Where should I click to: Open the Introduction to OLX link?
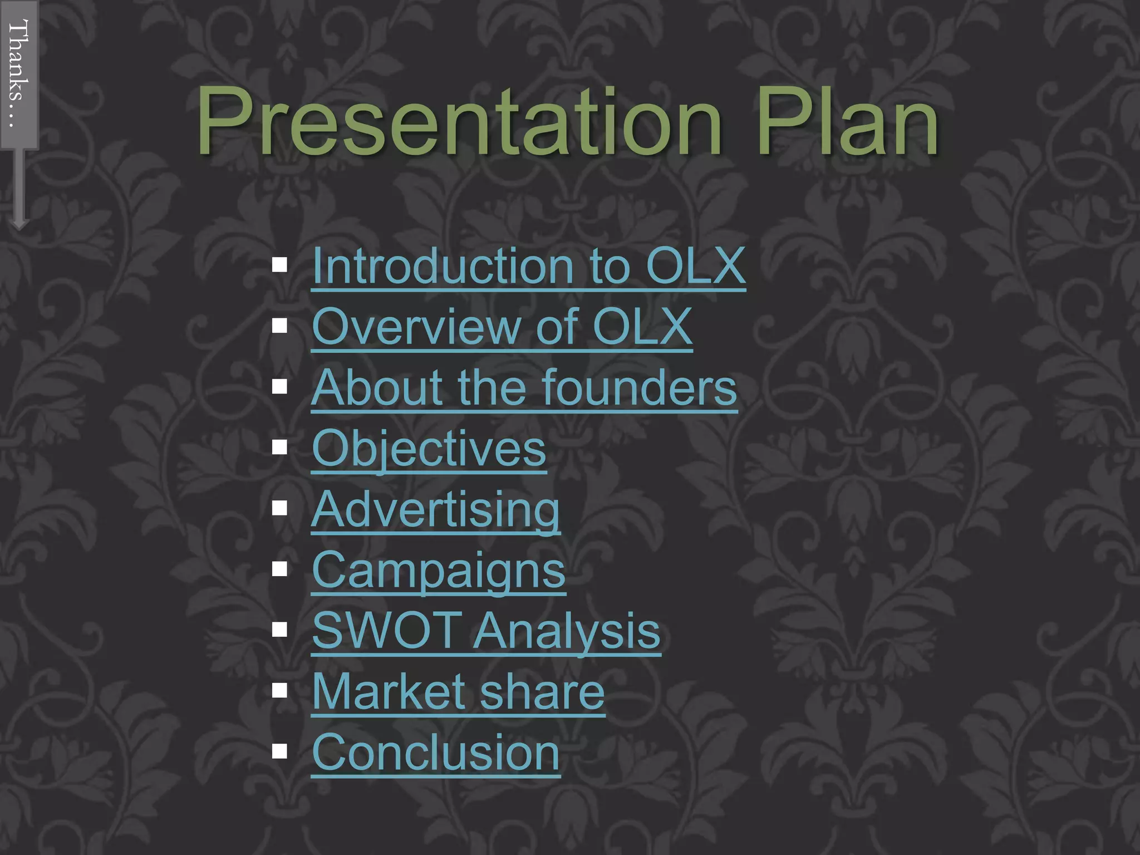click(528, 266)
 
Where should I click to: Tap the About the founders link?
click(524, 387)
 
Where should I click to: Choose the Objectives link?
click(429, 448)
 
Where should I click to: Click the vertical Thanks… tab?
click(19, 74)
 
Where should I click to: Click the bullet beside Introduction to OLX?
click(279, 265)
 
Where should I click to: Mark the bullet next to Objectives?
click(279, 447)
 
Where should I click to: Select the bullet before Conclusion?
click(279, 751)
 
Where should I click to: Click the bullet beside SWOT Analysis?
click(279, 630)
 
